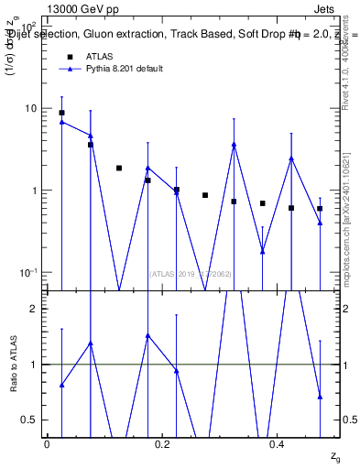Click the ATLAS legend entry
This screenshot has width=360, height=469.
point(100,57)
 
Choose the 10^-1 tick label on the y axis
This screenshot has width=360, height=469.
point(29,273)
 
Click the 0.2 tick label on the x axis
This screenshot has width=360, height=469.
point(163,443)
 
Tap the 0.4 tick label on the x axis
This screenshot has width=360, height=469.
point(278,443)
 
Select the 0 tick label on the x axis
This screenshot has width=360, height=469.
point(48,443)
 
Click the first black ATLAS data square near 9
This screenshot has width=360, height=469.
point(61,113)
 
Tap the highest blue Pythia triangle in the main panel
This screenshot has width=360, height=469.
point(61,121)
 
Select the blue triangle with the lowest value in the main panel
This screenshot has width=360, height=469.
point(263,251)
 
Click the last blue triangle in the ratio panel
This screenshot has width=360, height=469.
point(320,397)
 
